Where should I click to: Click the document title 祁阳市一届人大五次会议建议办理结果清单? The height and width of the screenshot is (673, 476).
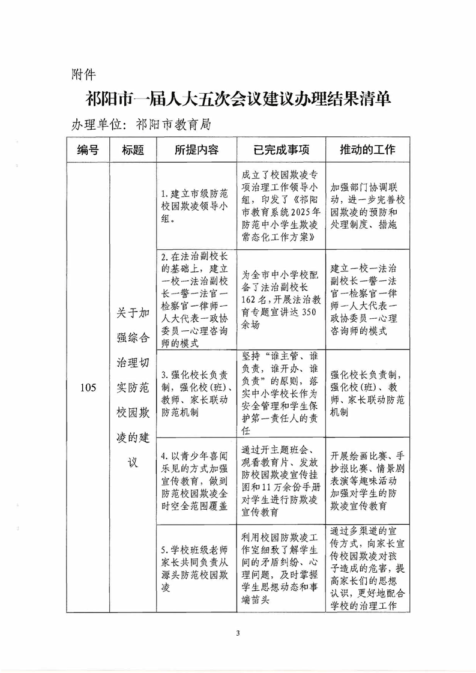coord(238,99)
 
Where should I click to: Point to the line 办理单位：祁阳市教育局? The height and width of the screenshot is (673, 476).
coord(141,124)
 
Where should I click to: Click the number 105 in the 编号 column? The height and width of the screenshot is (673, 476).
coord(88,387)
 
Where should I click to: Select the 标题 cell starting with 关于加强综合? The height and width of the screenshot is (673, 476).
coord(133,387)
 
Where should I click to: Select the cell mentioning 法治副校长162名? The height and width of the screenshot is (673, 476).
coord(281,298)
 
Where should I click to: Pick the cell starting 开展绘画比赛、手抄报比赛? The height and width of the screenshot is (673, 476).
coord(367,481)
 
